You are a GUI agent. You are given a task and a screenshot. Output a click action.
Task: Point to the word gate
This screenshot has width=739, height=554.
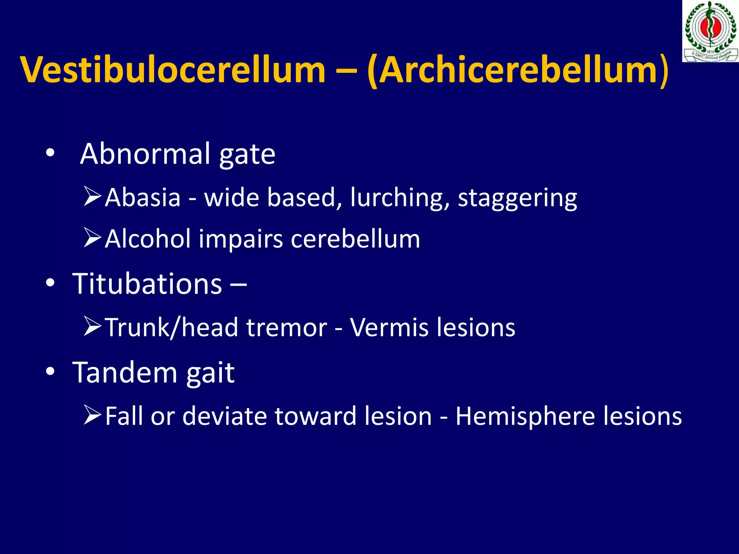247,155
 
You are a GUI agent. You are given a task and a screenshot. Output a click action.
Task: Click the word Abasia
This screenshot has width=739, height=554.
143,198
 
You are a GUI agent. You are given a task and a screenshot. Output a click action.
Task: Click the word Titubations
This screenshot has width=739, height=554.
147,284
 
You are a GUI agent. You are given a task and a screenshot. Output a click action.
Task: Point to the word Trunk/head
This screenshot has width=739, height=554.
172,327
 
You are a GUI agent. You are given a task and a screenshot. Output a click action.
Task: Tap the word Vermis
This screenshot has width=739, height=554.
389,327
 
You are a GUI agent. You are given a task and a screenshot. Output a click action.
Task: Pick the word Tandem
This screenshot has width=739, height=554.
125,372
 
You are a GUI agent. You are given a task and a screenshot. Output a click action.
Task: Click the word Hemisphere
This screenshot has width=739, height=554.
525,416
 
